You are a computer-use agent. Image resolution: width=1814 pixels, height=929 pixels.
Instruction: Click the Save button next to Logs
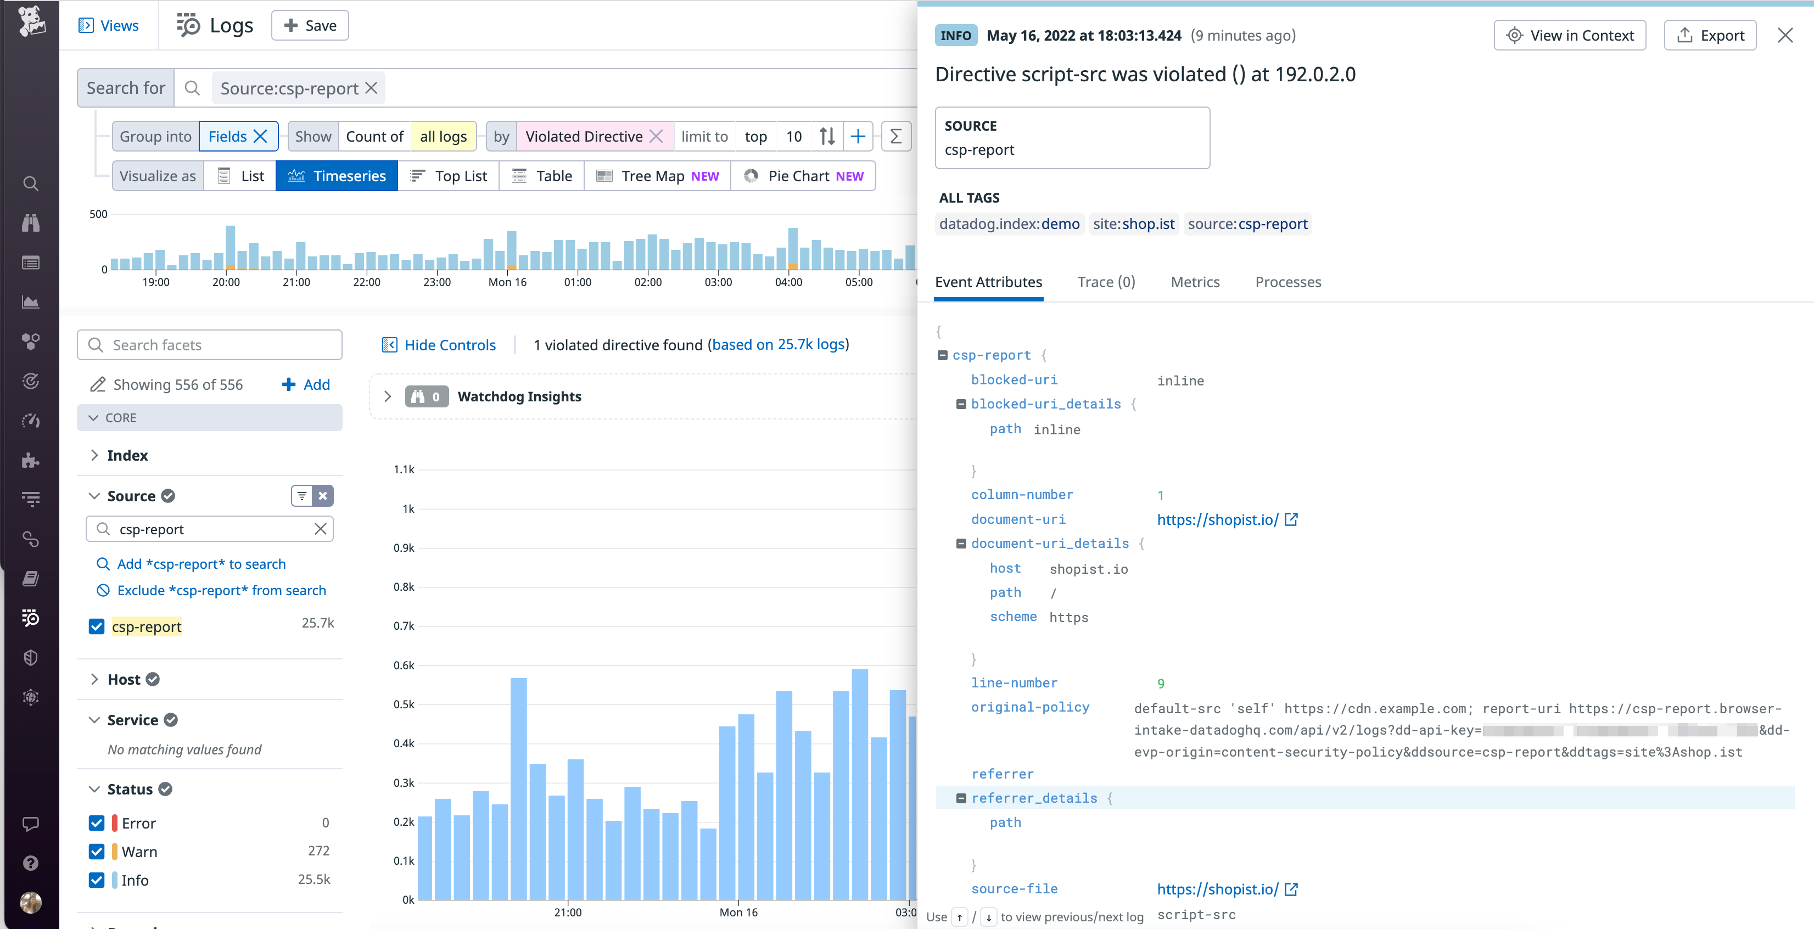[x=310, y=25]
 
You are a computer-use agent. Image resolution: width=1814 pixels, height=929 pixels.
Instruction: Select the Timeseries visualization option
[x=337, y=176]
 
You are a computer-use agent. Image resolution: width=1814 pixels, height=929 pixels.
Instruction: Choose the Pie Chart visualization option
[x=803, y=176]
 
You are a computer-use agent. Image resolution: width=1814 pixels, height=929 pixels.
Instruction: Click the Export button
[x=1710, y=35]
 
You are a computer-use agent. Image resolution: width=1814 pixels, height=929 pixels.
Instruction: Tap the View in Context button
[x=1570, y=35]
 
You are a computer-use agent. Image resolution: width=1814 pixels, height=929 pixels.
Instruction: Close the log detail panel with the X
[x=1784, y=35]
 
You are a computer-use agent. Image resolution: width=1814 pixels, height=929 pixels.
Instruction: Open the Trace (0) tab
[x=1106, y=282]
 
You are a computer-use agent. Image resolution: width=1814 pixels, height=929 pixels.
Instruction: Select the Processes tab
[x=1288, y=282]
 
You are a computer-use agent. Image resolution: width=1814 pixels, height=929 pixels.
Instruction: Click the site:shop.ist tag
[x=1133, y=224]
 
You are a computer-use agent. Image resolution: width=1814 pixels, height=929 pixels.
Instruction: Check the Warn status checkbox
[x=97, y=852]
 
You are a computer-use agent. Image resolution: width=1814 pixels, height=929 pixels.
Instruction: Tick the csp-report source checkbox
[x=97, y=626]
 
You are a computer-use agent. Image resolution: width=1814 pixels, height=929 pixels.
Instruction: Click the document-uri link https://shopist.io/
[x=1218, y=520]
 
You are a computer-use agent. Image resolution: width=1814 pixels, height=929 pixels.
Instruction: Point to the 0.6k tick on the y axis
[x=404, y=665]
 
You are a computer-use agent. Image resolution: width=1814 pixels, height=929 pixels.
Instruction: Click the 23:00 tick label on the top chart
[x=436, y=282]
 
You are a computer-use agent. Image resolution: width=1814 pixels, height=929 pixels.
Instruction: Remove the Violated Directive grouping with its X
[x=656, y=137]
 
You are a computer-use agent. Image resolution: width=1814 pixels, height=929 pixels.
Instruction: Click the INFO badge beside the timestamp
[x=955, y=35]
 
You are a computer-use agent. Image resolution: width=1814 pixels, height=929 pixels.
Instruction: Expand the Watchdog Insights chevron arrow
[x=387, y=396]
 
